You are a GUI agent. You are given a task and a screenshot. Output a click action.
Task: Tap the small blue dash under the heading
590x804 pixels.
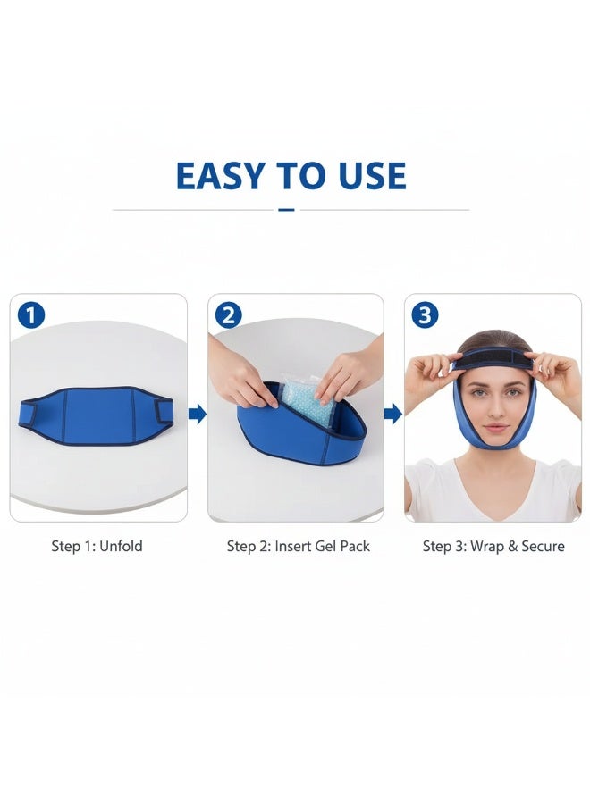[286, 210]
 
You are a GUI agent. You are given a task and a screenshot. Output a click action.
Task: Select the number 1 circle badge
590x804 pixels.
[30, 314]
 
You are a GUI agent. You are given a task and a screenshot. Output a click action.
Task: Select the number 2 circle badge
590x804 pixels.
[229, 314]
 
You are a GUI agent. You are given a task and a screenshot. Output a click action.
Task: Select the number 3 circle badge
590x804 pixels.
[425, 314]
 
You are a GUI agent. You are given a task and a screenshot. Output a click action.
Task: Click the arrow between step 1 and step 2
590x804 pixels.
[198, 414]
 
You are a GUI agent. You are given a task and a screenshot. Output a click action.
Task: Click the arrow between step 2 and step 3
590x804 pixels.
[393, 414]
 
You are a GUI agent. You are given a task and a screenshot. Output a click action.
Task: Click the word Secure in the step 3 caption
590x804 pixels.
[538, 546]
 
